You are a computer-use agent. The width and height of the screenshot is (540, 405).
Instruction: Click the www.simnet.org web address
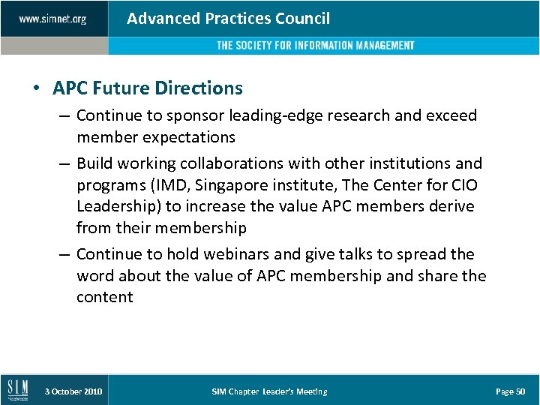pyautogui.click(x=52, y=19)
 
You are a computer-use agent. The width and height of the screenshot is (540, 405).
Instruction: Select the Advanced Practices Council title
pyautogui.click(x=228, y=19)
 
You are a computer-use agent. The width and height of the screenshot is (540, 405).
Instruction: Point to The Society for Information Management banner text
pyautogui.click(x=315, y=46)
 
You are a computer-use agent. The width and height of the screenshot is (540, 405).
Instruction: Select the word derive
pyautogui.click(x=452, y=205)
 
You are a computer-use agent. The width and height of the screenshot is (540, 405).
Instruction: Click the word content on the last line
pyautogui.click(x=104, y=297)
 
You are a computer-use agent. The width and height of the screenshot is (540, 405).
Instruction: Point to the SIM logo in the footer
pyautogui.click(x=17, y=390)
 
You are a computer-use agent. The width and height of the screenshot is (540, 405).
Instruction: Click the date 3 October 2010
pyautogui.click(x=73, y=391)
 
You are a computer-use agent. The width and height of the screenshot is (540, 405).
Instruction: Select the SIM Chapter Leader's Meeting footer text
pyautogui.click(x=269, y=391)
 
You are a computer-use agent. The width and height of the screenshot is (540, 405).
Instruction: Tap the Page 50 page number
pyautogui.click(x=510, y=391)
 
